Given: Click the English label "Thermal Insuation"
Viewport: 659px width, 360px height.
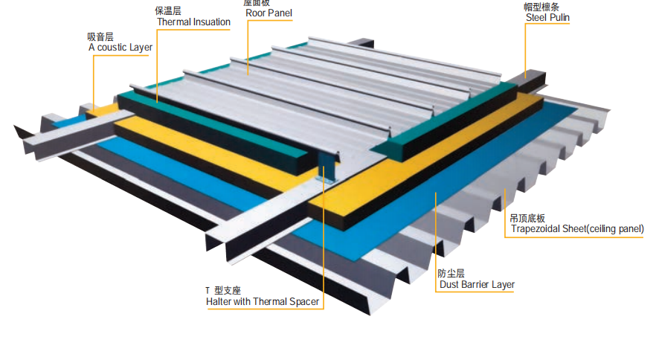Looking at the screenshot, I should pos(193,22).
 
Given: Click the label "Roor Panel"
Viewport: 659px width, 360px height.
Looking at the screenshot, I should pos(269,13).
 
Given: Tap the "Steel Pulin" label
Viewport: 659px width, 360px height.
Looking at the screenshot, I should pos(548,18).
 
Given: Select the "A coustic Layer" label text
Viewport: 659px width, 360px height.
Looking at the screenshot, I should pos(120,48).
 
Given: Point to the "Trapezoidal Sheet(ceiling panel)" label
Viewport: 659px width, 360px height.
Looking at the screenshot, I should pos(576,230).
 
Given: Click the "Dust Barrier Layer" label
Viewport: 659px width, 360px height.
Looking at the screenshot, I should pos(476,285).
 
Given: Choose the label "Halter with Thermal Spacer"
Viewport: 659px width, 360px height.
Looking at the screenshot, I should pos(263,302).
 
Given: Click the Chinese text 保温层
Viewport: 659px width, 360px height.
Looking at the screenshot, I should pos(168,11).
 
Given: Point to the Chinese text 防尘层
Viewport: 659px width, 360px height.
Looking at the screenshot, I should pos(451,274).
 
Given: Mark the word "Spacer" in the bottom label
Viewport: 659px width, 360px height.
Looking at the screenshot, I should pos(303,302).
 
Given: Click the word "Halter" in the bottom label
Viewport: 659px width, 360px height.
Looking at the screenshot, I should pos(219,302).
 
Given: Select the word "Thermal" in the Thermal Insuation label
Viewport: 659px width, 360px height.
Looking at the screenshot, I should pos(174,22).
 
